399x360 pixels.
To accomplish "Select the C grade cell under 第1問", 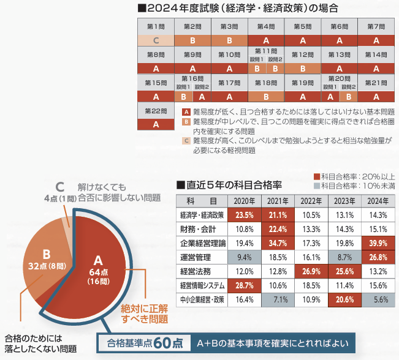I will tap(156, 40).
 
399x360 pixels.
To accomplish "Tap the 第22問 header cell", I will tap(156, 111).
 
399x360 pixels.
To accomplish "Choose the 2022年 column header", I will tap(311, 201).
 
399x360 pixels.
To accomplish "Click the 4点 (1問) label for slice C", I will tap(59, 198).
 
